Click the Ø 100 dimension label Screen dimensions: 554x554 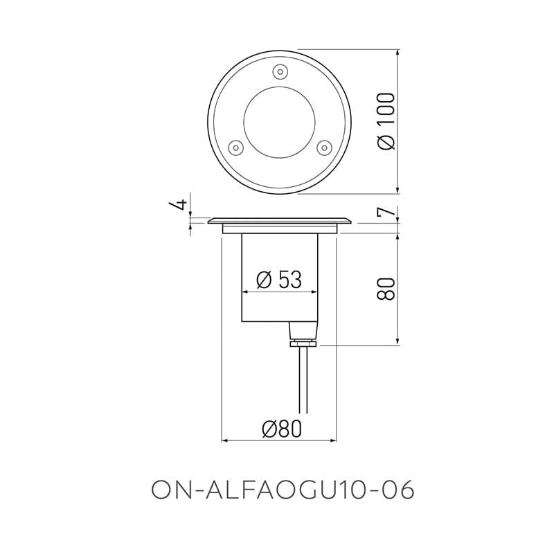[386, 122]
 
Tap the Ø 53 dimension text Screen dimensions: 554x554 [278, 279]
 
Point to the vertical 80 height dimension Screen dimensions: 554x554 [386, 288]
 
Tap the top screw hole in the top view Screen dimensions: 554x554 [279, 71]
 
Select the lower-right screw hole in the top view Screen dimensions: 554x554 [323, 147]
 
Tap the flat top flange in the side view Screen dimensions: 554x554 [279, 220]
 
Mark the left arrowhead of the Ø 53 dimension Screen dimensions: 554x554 [243, 294]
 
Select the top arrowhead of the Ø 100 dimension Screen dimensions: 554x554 [398, 53]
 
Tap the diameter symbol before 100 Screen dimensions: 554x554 [386, 142]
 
